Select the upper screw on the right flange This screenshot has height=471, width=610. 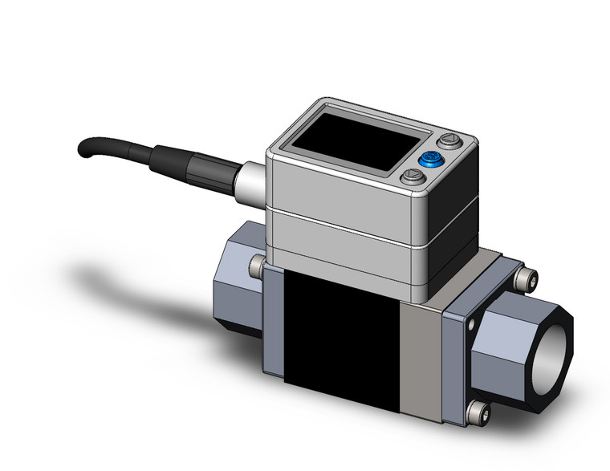pos(525,278)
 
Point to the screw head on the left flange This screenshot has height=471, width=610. pos(257,265)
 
